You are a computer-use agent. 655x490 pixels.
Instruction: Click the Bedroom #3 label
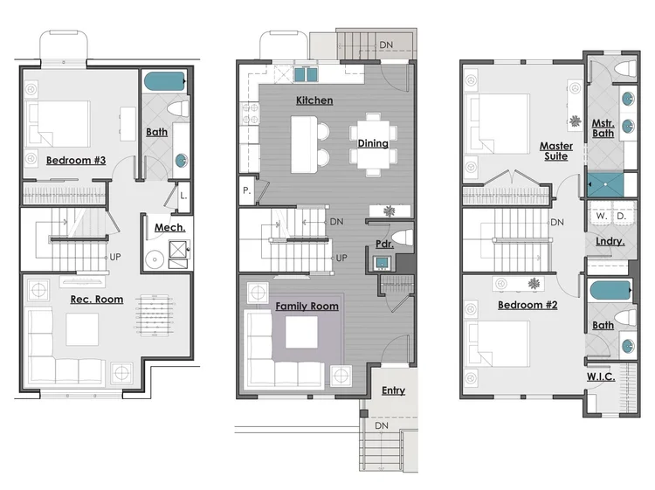(x=76, y=160)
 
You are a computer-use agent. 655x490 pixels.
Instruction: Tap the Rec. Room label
(x=96, y=300)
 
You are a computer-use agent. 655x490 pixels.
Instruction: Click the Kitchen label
(x=314, y=100)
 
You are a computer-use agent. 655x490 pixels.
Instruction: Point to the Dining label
(x=373, y=143)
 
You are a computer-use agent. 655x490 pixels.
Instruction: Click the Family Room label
(x=307, y=307)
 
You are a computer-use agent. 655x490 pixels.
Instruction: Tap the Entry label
(x=393, y=390)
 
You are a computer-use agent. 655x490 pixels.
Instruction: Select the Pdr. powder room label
(x=384, y=245)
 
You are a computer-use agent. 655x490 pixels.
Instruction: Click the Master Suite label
(x=555, y=151)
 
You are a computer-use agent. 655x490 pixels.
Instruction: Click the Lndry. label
(x=609, y=241)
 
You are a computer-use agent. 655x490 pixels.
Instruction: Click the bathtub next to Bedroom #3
(x=165, y=82)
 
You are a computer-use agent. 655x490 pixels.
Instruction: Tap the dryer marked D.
(x=621, y=215)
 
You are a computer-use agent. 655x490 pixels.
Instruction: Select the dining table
(x=373, y=143)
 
